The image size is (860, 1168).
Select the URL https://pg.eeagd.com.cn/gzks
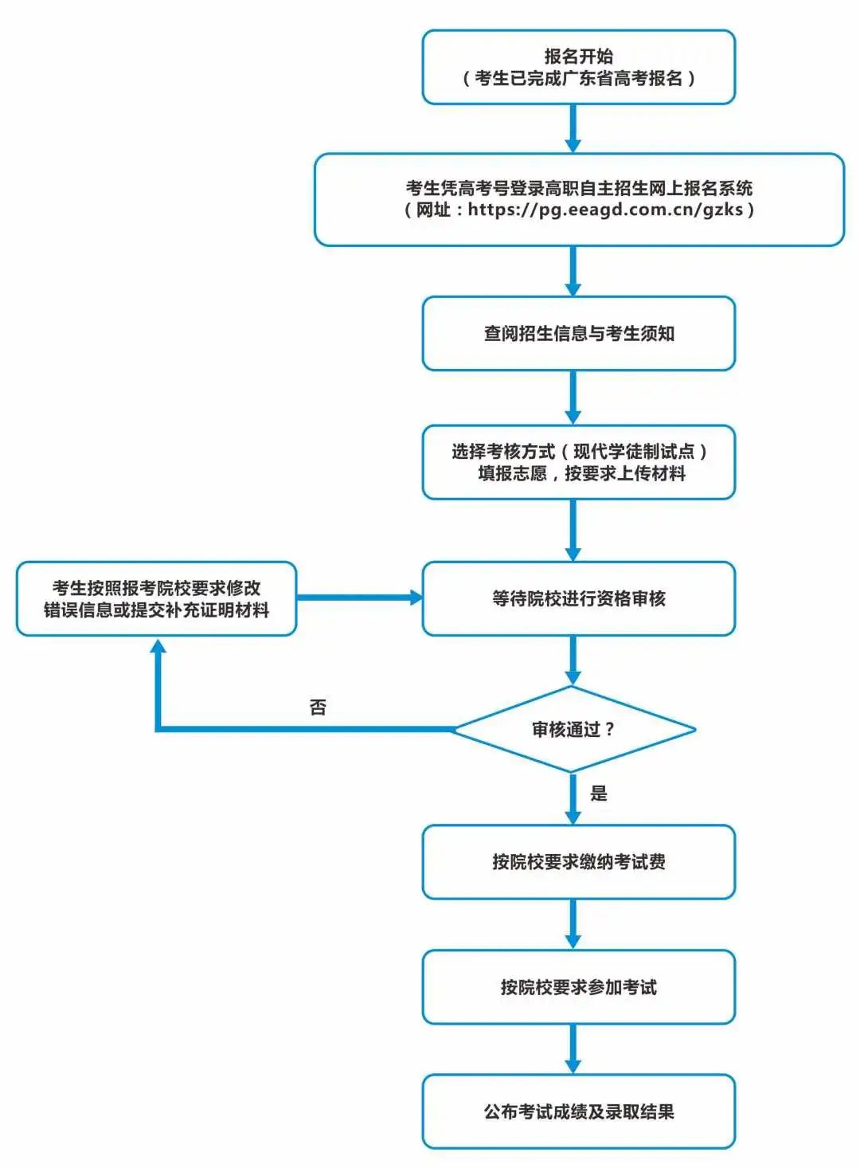[605, 210]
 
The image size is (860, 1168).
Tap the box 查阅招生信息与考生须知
[578, 334]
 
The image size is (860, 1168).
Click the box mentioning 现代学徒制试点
[578, 463]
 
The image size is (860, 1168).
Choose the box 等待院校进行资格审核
[578, 598]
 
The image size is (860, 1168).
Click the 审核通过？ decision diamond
[573, 729]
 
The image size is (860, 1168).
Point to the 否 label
[318, 707]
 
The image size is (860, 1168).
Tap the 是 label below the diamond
[599, 794]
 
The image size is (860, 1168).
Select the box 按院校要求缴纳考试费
[578, 862]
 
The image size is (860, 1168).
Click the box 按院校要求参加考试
[578, 987]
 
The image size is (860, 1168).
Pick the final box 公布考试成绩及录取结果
[578, 1111]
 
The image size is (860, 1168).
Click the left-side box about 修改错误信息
[156, 598]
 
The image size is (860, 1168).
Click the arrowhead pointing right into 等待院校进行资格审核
[415, 598]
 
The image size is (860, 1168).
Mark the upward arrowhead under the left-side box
[158, 647]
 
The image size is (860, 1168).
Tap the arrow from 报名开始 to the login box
[573, 127]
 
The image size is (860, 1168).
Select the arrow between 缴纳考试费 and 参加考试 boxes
[573, 924]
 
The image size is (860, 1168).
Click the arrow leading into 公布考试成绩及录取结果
[573, 1049]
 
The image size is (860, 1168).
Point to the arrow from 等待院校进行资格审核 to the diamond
[573, 660]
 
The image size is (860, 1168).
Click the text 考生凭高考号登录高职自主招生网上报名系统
[579, 188]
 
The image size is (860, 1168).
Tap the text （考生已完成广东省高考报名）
[579, 78]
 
